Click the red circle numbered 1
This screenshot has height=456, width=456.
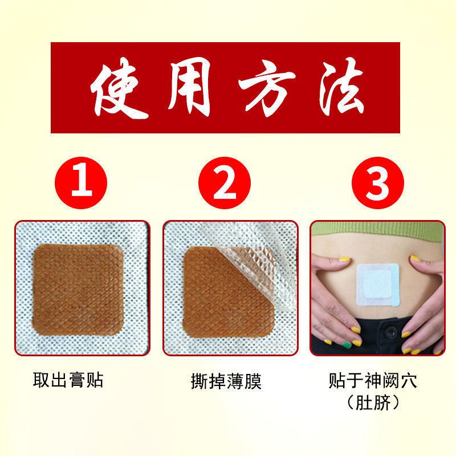click(84, 184)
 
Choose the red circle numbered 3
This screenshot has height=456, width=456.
click(377, 184)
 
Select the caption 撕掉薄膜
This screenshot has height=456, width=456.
click(226, 381)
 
